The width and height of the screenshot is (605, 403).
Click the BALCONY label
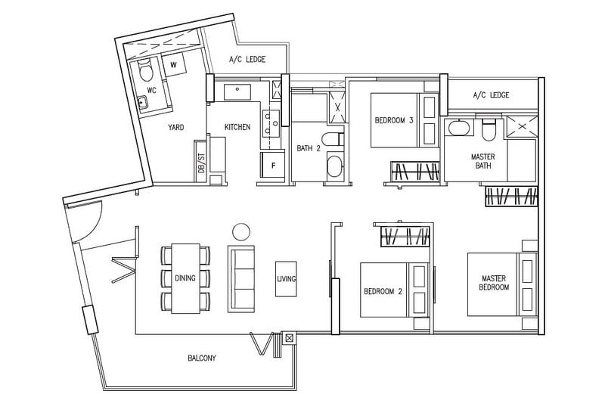[x=202, y=358]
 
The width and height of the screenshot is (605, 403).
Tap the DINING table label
[x=185, y=278]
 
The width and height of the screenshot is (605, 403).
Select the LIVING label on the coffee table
[x=287, y=278]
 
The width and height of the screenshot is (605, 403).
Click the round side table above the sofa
[x=241, y=232]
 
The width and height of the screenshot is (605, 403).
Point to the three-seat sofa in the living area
[x=241, y=279]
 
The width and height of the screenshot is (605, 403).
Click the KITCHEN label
[x=237, y=127]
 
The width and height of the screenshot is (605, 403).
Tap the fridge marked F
[x=273, y=165]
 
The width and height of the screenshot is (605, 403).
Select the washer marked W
[x=174, y=65]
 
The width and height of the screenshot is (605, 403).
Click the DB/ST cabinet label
[x=200, y=162]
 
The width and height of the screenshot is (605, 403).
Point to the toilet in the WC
[x=145, y=70]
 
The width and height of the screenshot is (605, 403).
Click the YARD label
[x=176, y=127]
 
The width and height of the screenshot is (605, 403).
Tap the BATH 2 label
[x=309, y=148]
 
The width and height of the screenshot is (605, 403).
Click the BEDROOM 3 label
[x=394, y=120]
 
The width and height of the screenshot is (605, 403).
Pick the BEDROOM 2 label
[x=383, y=291]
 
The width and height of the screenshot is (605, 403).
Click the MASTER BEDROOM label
[x=494, y=283]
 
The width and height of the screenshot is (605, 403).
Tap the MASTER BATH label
[x=483, y=161]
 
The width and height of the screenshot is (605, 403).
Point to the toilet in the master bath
[x=489, y=129]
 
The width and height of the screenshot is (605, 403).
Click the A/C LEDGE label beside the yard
[x=247, y=60]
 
